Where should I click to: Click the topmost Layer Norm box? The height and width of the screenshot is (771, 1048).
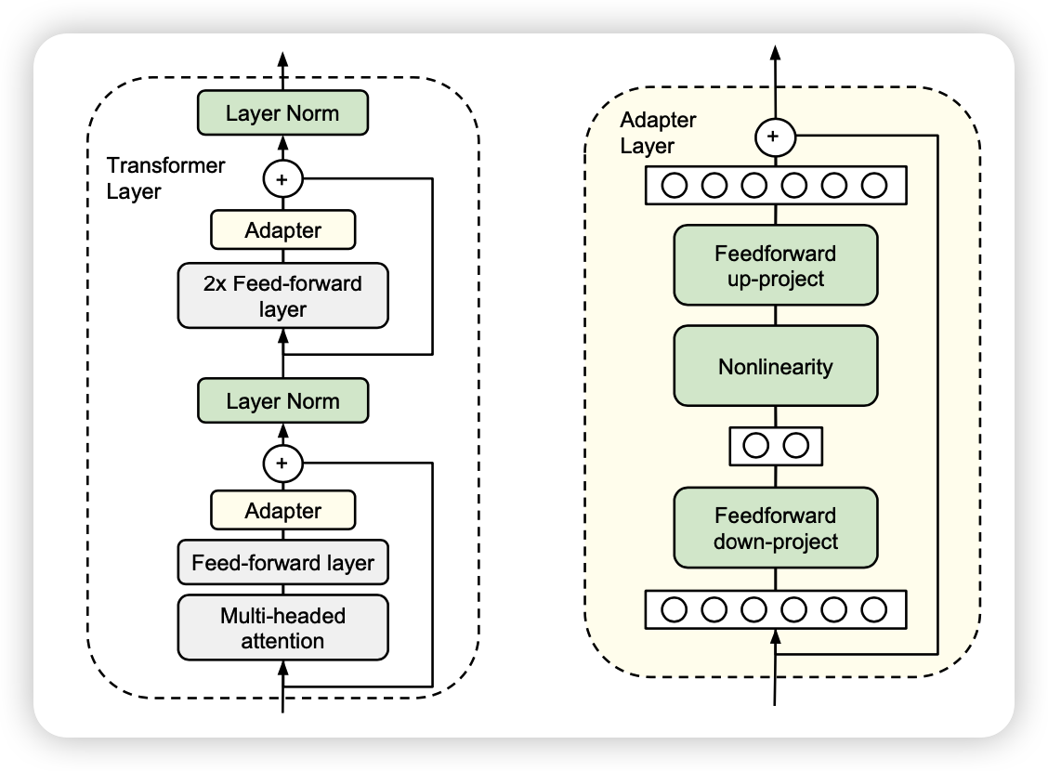[x=283, y=114]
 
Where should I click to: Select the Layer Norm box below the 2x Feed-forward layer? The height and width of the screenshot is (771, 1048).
[x=283, y=401]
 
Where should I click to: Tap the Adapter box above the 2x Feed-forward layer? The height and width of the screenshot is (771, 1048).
[x=283, y=230]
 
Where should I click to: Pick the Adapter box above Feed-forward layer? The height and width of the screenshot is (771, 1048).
[x=283, y=510]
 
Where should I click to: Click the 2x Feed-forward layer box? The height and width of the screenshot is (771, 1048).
[x=283, y=296]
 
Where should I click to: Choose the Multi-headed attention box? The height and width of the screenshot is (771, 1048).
[x=283, y=628]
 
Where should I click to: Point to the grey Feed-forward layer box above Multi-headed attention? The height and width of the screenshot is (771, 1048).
[x=283, y=562]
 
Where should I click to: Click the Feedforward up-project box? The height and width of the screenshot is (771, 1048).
[x=776, y=265]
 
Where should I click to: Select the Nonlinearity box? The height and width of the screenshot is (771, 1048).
[x=776, y=366]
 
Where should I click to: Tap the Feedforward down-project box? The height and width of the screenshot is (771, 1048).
[x=776, y=528]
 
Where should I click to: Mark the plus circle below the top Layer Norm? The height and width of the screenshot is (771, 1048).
[x=283, y=176]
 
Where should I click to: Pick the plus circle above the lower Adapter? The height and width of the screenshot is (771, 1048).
[x=283, y=462]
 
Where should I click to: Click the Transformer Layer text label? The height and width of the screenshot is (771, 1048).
[x=152, y=178]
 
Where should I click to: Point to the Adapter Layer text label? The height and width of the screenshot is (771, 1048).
[x=658, y=133]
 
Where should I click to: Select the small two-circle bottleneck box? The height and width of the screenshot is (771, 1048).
[x=776, y=446]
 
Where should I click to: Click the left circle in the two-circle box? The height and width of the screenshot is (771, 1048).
[x=755, y=446]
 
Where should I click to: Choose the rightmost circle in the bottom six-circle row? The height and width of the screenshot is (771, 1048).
[x=874, y=609]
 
